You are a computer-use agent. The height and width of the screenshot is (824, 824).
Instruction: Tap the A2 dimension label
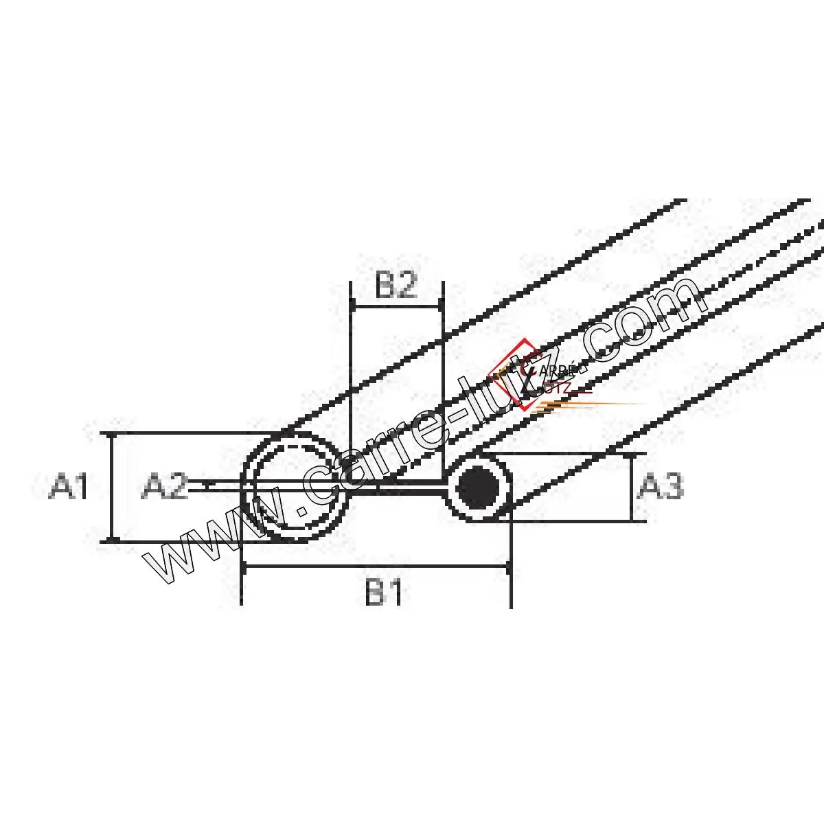coord(165,488)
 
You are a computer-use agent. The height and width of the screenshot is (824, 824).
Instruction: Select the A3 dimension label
coord(660,486)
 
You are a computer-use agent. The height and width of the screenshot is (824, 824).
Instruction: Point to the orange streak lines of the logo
coord(590,407)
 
